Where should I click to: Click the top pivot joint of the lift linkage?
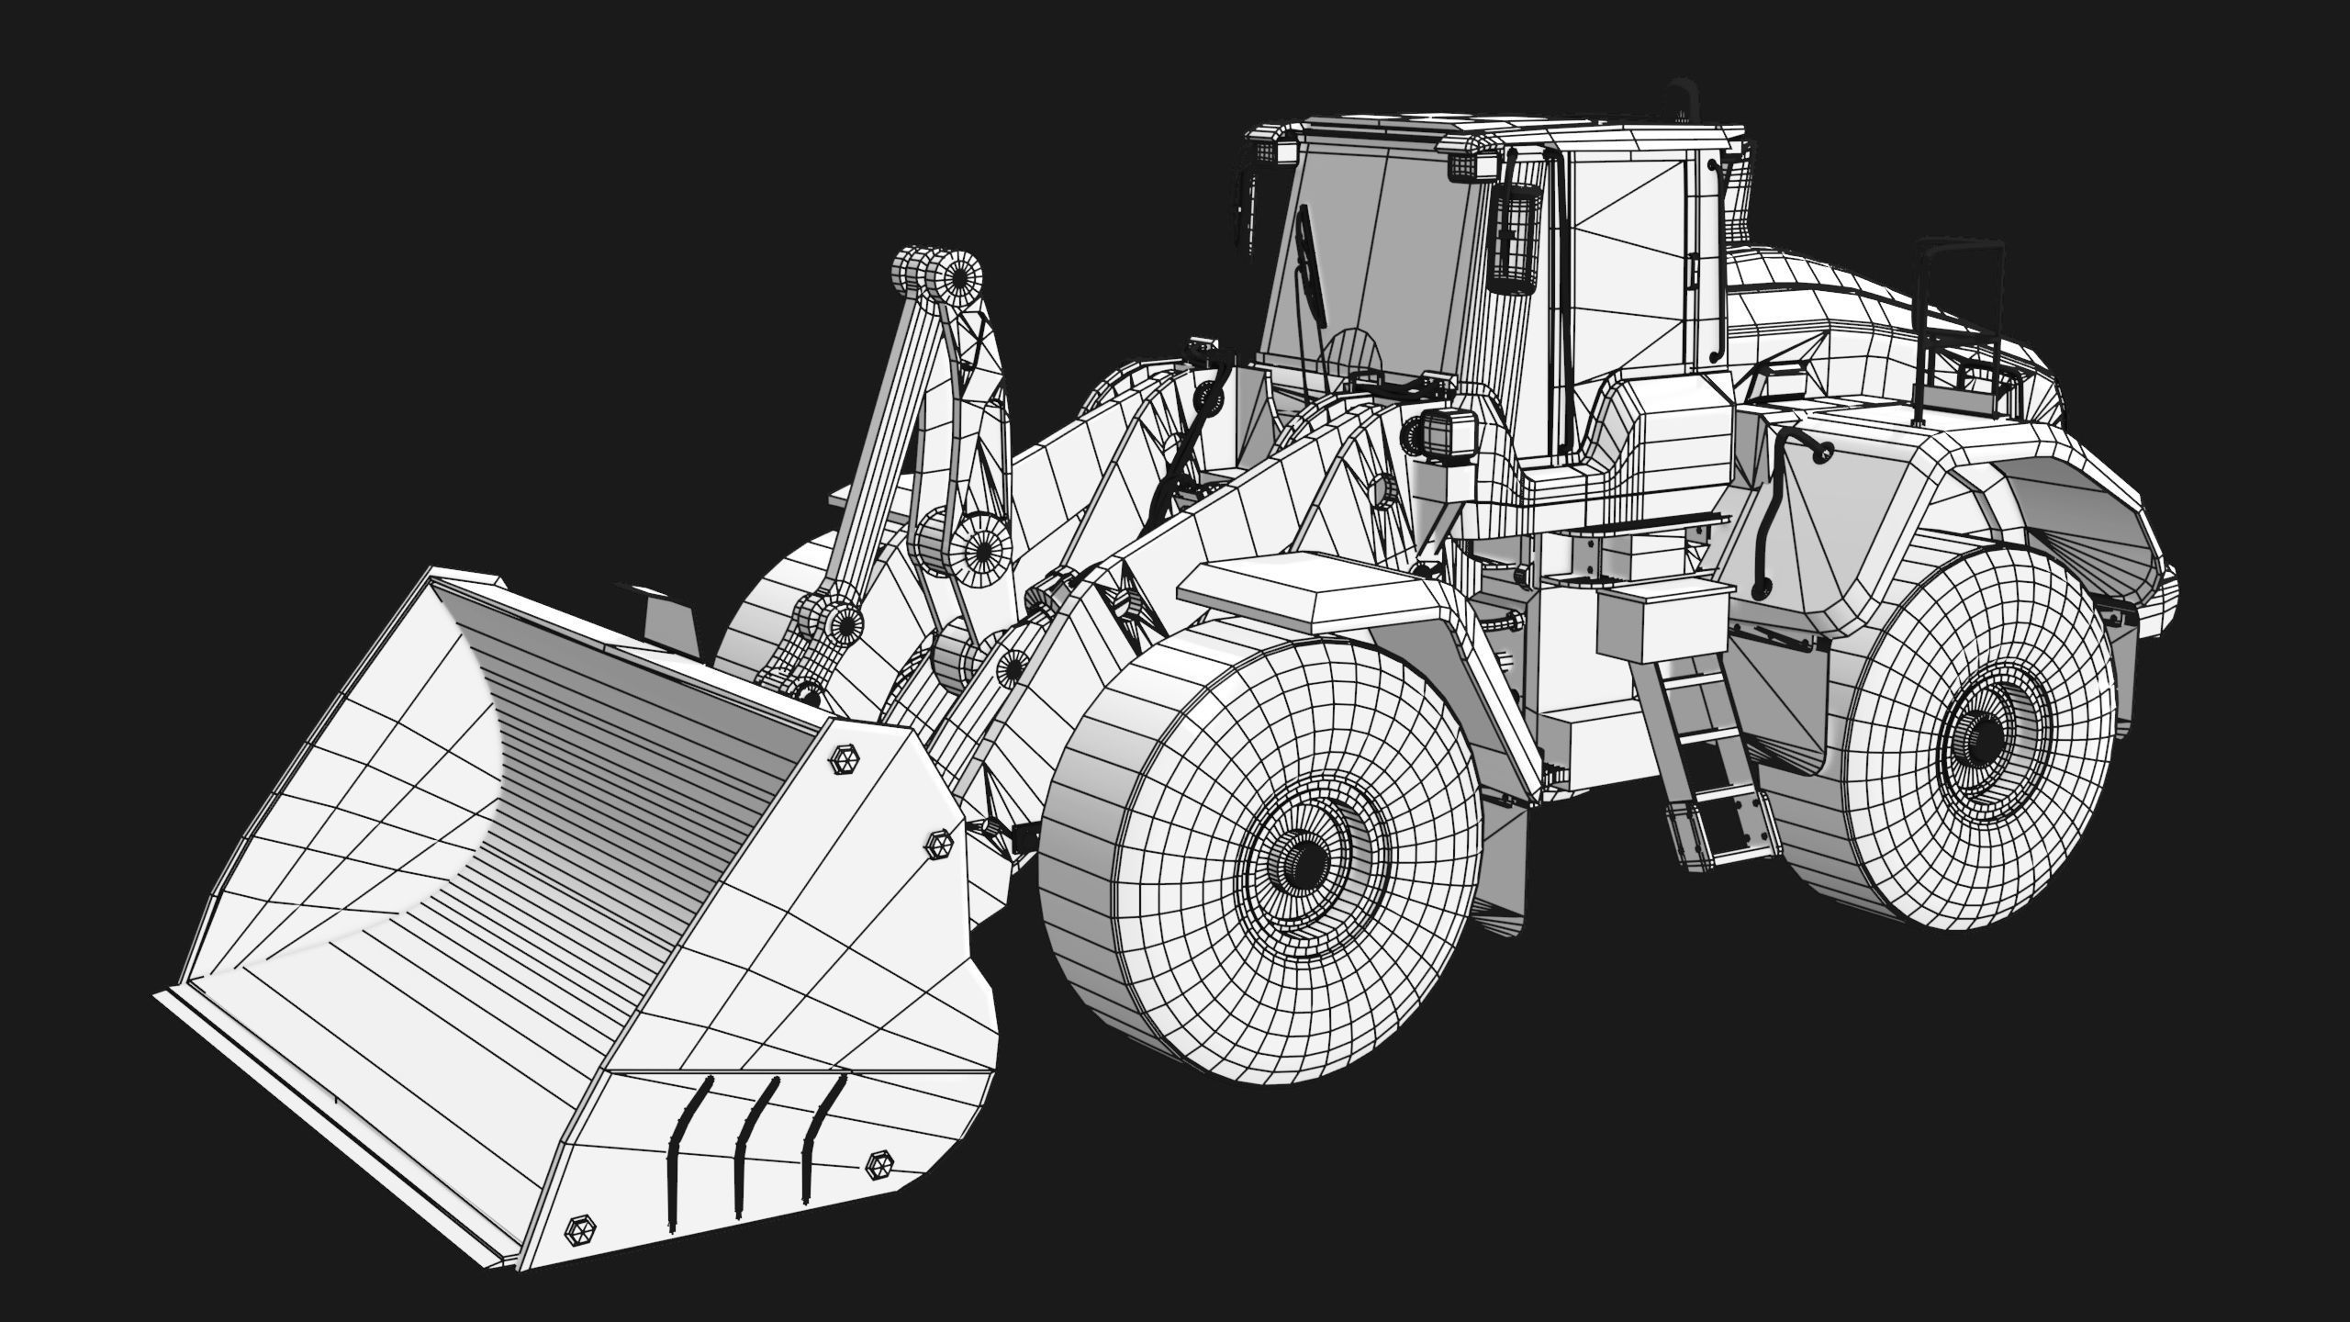coord(960,275)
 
